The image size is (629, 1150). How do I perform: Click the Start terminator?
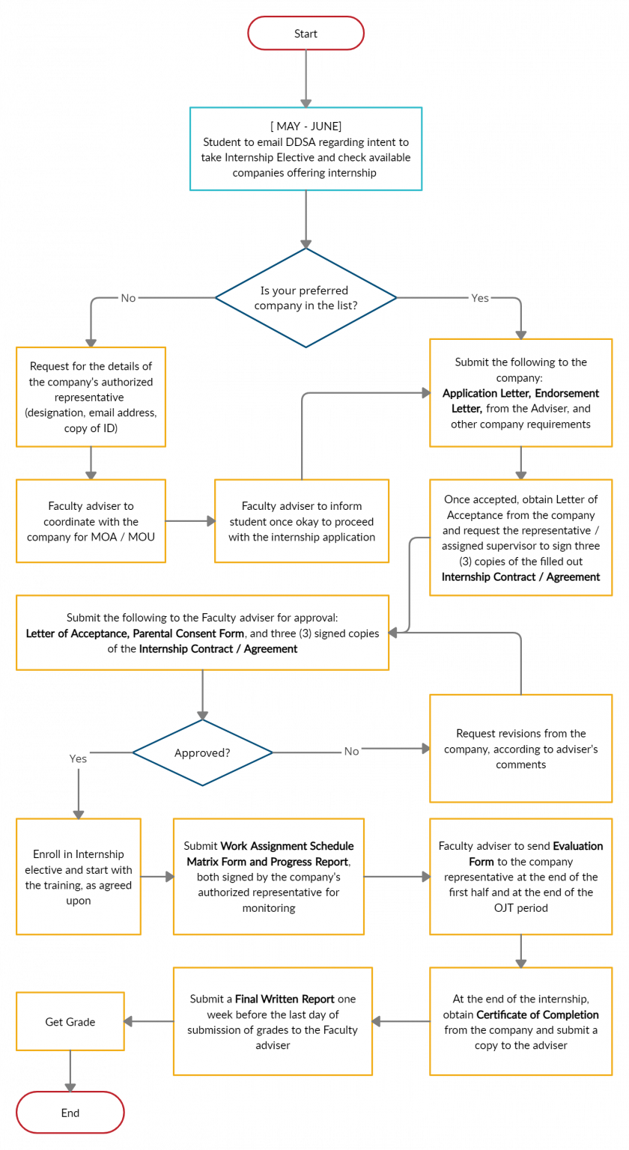(306, 34)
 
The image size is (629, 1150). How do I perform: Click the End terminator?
(70, 1113)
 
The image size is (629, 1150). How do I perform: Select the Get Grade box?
(70, 1021)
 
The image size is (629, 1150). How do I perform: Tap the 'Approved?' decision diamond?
(202, 752)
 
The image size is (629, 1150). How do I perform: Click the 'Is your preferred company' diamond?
(306, 298)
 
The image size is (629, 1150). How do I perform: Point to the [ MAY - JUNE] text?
(306, 126)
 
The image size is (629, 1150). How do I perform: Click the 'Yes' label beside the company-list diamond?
(480, 298)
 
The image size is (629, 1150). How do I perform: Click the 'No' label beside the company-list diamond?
(129, 298)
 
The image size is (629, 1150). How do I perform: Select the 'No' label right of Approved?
(351, 751)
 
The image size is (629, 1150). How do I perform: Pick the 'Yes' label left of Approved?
(78, 758)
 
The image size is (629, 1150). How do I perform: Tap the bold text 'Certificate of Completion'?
(537, 1014)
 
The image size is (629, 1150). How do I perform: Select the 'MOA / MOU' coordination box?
(91, 521)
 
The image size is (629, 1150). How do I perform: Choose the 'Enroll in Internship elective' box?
(78, 877)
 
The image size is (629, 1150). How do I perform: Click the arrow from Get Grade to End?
(70, 1071)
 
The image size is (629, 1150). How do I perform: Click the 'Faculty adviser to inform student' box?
(301, 521)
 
